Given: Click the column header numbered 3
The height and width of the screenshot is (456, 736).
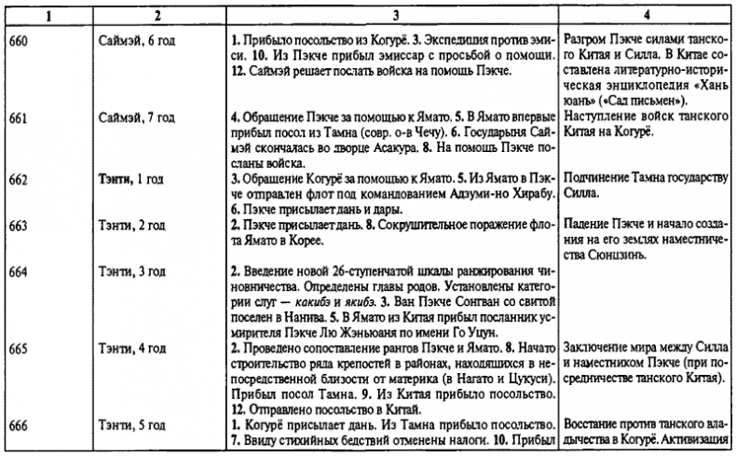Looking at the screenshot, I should [x=392, y=15].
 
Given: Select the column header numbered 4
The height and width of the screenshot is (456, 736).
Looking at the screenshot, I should [x=647, y=15].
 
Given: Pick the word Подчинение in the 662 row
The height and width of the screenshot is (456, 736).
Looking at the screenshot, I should [x=597, y=179].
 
